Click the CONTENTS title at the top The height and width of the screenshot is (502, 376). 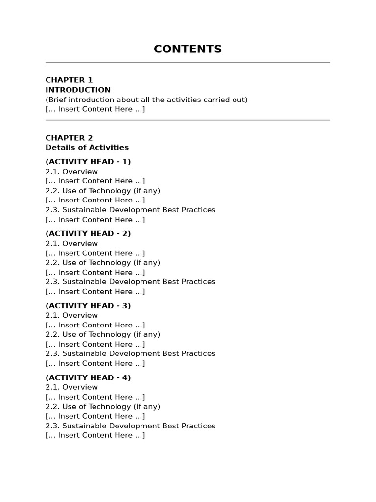point(188,49)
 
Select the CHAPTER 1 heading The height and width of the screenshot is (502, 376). point(69,80)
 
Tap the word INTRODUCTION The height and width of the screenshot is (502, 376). point(78,90)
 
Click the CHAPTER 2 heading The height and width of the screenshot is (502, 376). point(69,138)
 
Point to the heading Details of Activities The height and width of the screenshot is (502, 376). point(87,147)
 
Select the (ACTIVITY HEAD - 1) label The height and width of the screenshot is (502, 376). point(88,162)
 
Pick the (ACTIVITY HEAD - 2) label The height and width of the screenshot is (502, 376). point(88,234)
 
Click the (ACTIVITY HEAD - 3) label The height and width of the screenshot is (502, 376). point(88,306)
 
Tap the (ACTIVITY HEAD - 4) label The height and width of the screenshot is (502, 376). point(88,378)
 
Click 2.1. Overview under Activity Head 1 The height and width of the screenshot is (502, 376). point(71,172)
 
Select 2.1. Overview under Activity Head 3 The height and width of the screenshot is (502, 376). point(71,315)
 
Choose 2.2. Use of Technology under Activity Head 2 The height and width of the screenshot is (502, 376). point(103,263)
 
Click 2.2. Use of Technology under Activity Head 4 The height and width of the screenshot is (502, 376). point(103,406)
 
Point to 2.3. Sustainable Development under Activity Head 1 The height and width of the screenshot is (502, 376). point(130,210)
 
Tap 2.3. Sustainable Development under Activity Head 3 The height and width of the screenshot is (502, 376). point(130,353)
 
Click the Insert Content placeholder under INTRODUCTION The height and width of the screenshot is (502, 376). point(95,109)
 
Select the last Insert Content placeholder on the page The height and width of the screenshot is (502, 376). point(95,435)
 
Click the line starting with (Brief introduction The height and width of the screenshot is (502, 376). point(146,100)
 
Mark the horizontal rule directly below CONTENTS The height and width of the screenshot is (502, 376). point(188,63)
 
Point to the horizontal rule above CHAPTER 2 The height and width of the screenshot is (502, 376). point(188,120)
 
